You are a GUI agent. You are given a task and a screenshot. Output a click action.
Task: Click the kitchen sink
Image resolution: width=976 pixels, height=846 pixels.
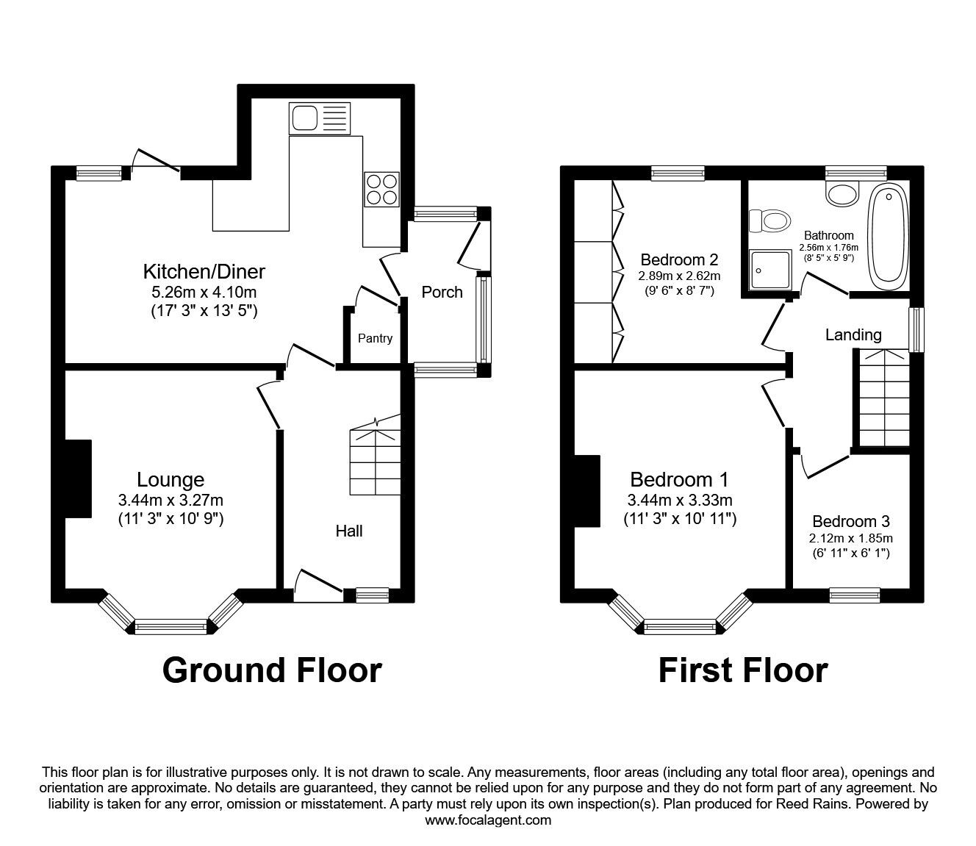(320, 118)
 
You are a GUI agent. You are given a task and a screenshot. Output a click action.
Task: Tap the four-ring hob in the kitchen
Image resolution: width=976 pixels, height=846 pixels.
(381, 189)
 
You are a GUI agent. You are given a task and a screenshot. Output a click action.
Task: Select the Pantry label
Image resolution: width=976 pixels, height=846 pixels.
(375, 338)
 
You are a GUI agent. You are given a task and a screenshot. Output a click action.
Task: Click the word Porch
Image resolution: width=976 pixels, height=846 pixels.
(442, 292)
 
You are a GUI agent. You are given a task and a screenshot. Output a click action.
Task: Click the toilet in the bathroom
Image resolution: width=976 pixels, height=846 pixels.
(769, 220)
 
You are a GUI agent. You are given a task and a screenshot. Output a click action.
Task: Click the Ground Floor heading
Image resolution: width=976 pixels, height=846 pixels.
(272, 670)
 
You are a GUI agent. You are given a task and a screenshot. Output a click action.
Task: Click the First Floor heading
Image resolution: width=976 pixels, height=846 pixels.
(742, 670)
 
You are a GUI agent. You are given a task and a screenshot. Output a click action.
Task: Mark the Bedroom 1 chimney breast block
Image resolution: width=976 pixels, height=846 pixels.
(587, 490)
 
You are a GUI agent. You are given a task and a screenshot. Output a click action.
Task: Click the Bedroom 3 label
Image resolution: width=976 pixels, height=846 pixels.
(851, 521)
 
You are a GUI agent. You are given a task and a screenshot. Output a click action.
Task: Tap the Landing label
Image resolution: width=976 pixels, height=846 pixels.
(853, 335)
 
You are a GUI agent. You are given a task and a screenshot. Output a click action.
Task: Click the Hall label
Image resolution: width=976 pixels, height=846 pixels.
(349, 531)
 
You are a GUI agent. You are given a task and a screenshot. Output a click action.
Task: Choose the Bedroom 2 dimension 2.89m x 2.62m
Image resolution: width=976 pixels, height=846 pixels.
(679, 276)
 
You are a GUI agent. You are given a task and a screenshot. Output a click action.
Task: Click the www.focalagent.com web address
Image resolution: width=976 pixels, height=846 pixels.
(488, 820)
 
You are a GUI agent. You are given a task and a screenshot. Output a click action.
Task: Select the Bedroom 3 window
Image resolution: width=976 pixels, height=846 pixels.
(855, 595)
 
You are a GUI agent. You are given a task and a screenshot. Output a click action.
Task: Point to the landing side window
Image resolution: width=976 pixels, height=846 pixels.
(916, 329)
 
